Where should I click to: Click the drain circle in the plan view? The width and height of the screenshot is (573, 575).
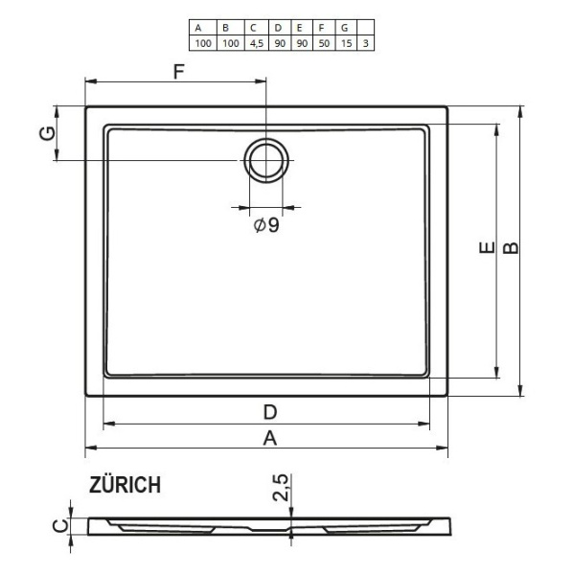tap(265, 159)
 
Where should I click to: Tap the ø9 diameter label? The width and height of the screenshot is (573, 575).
tap(266, 226)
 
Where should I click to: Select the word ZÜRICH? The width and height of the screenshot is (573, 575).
tap(126, 486)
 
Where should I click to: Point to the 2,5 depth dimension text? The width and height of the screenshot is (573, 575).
tap(281, 488)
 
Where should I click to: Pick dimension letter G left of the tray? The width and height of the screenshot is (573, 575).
tap(45, 133)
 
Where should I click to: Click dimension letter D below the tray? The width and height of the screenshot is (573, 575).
tap(270, 412)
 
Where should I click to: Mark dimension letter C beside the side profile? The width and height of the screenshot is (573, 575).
tap(59, 524)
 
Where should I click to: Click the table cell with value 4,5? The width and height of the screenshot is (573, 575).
tap(253, 43)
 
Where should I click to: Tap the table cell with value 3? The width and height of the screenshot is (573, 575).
tap(364, 43)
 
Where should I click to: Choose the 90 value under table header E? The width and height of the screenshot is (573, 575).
tap(301, 43)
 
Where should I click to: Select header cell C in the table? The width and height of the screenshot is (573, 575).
tap(253, 29)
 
